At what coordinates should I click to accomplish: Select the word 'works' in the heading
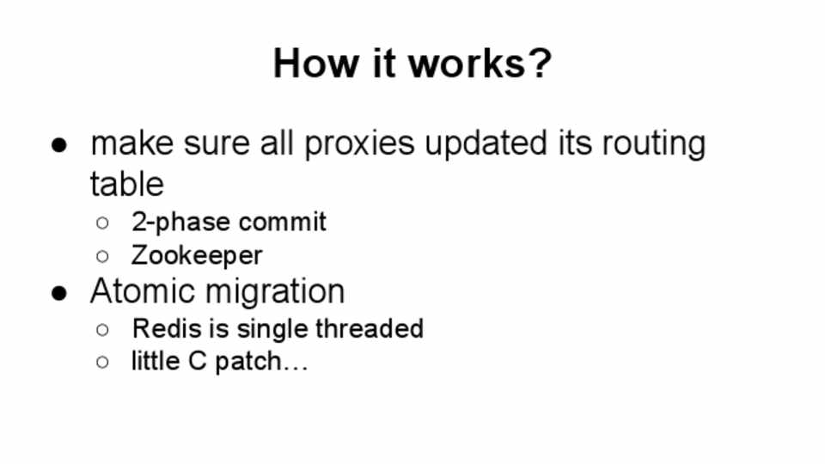point(467,63)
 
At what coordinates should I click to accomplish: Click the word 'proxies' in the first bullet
point(359,144)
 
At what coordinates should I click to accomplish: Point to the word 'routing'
point(653,144)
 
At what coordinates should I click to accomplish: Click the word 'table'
point(127,184)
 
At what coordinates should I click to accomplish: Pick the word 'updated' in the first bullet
point(486,143)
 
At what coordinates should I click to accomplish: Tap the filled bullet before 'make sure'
point(59,145)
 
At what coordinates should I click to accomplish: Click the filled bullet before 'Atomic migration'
point(59,293)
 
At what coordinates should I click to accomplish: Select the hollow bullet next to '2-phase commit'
point(102,223)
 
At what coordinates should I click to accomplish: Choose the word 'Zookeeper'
point(197,255)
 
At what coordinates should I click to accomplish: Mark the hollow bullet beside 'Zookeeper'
point(102,257)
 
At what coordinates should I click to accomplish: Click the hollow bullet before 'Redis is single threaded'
point(102,330)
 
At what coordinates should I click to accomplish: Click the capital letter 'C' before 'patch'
point(197,361)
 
